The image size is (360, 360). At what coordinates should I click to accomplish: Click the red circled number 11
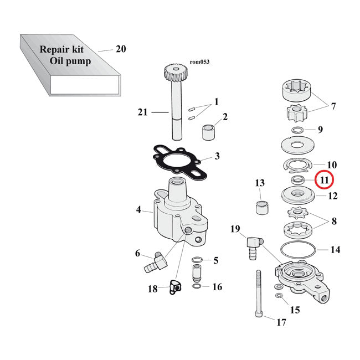[x=324, y=180]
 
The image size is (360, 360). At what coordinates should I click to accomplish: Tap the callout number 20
[x=121, y=49]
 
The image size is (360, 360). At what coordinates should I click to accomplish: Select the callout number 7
[x=333, y=106]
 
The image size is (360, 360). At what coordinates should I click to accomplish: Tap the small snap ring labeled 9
[x=299, y=131]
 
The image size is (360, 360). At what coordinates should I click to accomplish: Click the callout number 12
[x=332, y=196]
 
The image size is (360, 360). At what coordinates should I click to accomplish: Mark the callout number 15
[x=295, y=310]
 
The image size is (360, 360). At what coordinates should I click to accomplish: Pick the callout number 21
[x=143, y=112]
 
